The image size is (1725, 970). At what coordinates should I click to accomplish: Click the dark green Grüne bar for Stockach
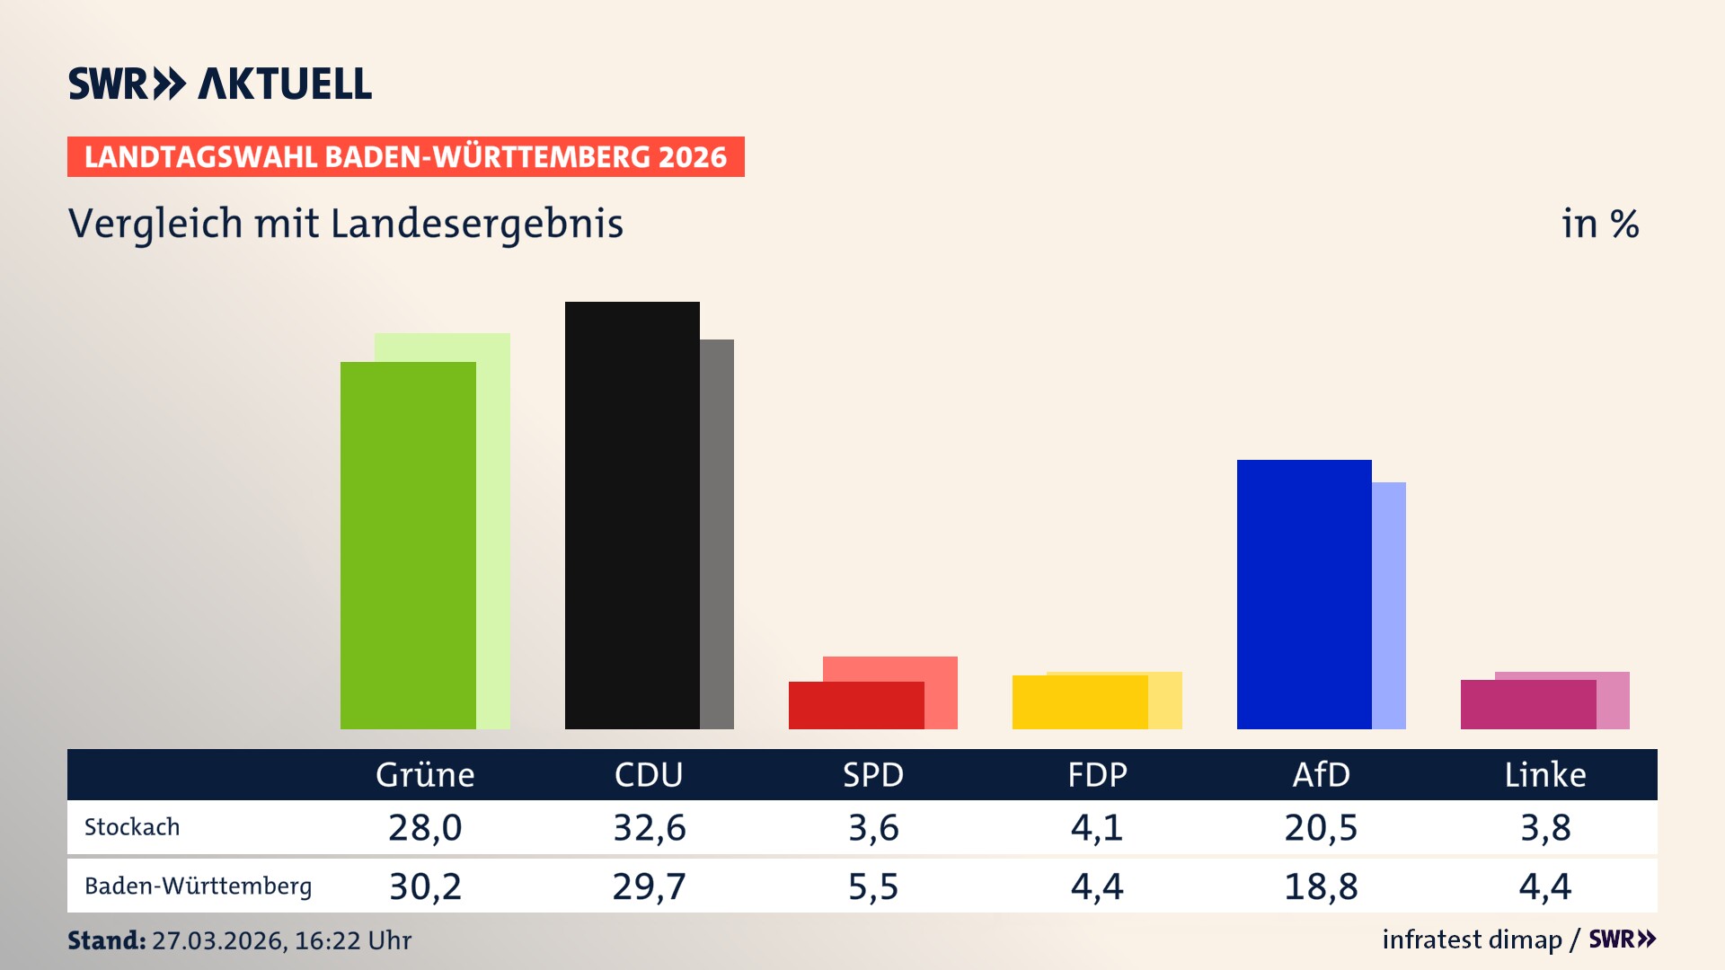[x=408, y=545]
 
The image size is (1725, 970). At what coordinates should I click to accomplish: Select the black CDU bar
[x=632, y=515]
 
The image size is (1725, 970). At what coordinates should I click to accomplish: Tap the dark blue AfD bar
[x=1304, y=594]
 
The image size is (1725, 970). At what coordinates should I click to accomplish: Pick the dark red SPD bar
[x=855, y=706]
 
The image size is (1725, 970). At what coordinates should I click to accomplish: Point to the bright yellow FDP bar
[x=1079, y=702]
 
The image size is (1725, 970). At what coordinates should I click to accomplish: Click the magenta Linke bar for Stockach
[x=1527, y=705]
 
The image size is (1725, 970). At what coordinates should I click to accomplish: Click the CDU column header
[x=649, y=774]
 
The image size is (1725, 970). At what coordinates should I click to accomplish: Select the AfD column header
[x=1321, y=774]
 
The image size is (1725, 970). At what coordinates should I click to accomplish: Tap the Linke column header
[x=1545, y=774]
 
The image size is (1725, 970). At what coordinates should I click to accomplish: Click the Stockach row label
[x=132, y=827]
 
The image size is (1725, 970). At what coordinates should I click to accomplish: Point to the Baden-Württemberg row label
[x=198, y=886]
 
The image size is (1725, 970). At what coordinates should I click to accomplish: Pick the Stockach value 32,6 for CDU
[x=649, y=827]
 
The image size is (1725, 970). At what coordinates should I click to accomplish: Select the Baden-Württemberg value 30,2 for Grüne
[x=425, y=886]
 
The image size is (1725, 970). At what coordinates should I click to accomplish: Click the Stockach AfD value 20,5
[x=1321, y=827]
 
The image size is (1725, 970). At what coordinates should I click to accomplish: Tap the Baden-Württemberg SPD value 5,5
[x=873, y=886]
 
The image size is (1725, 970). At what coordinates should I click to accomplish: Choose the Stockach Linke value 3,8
[x=1545, y=827]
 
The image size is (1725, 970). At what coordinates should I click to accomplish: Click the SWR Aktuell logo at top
[x=220, y=84]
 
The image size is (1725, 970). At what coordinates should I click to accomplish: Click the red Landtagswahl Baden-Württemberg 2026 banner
[x=405, y=157]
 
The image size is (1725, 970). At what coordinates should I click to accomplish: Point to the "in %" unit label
[x=1600, y=224]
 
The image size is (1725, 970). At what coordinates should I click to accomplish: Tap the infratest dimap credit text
[x=1472, y=939]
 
